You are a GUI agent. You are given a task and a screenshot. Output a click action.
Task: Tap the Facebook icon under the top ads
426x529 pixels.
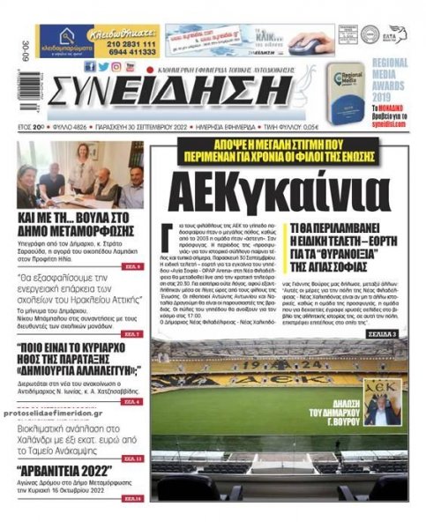tap(90, 67)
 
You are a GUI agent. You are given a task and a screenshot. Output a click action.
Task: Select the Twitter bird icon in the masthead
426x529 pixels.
tap(103, 67)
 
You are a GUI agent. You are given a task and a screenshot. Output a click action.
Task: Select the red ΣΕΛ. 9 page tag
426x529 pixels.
tap(132, 265)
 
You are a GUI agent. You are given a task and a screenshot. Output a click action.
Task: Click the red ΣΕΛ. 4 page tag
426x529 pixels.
tap(132, 401)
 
